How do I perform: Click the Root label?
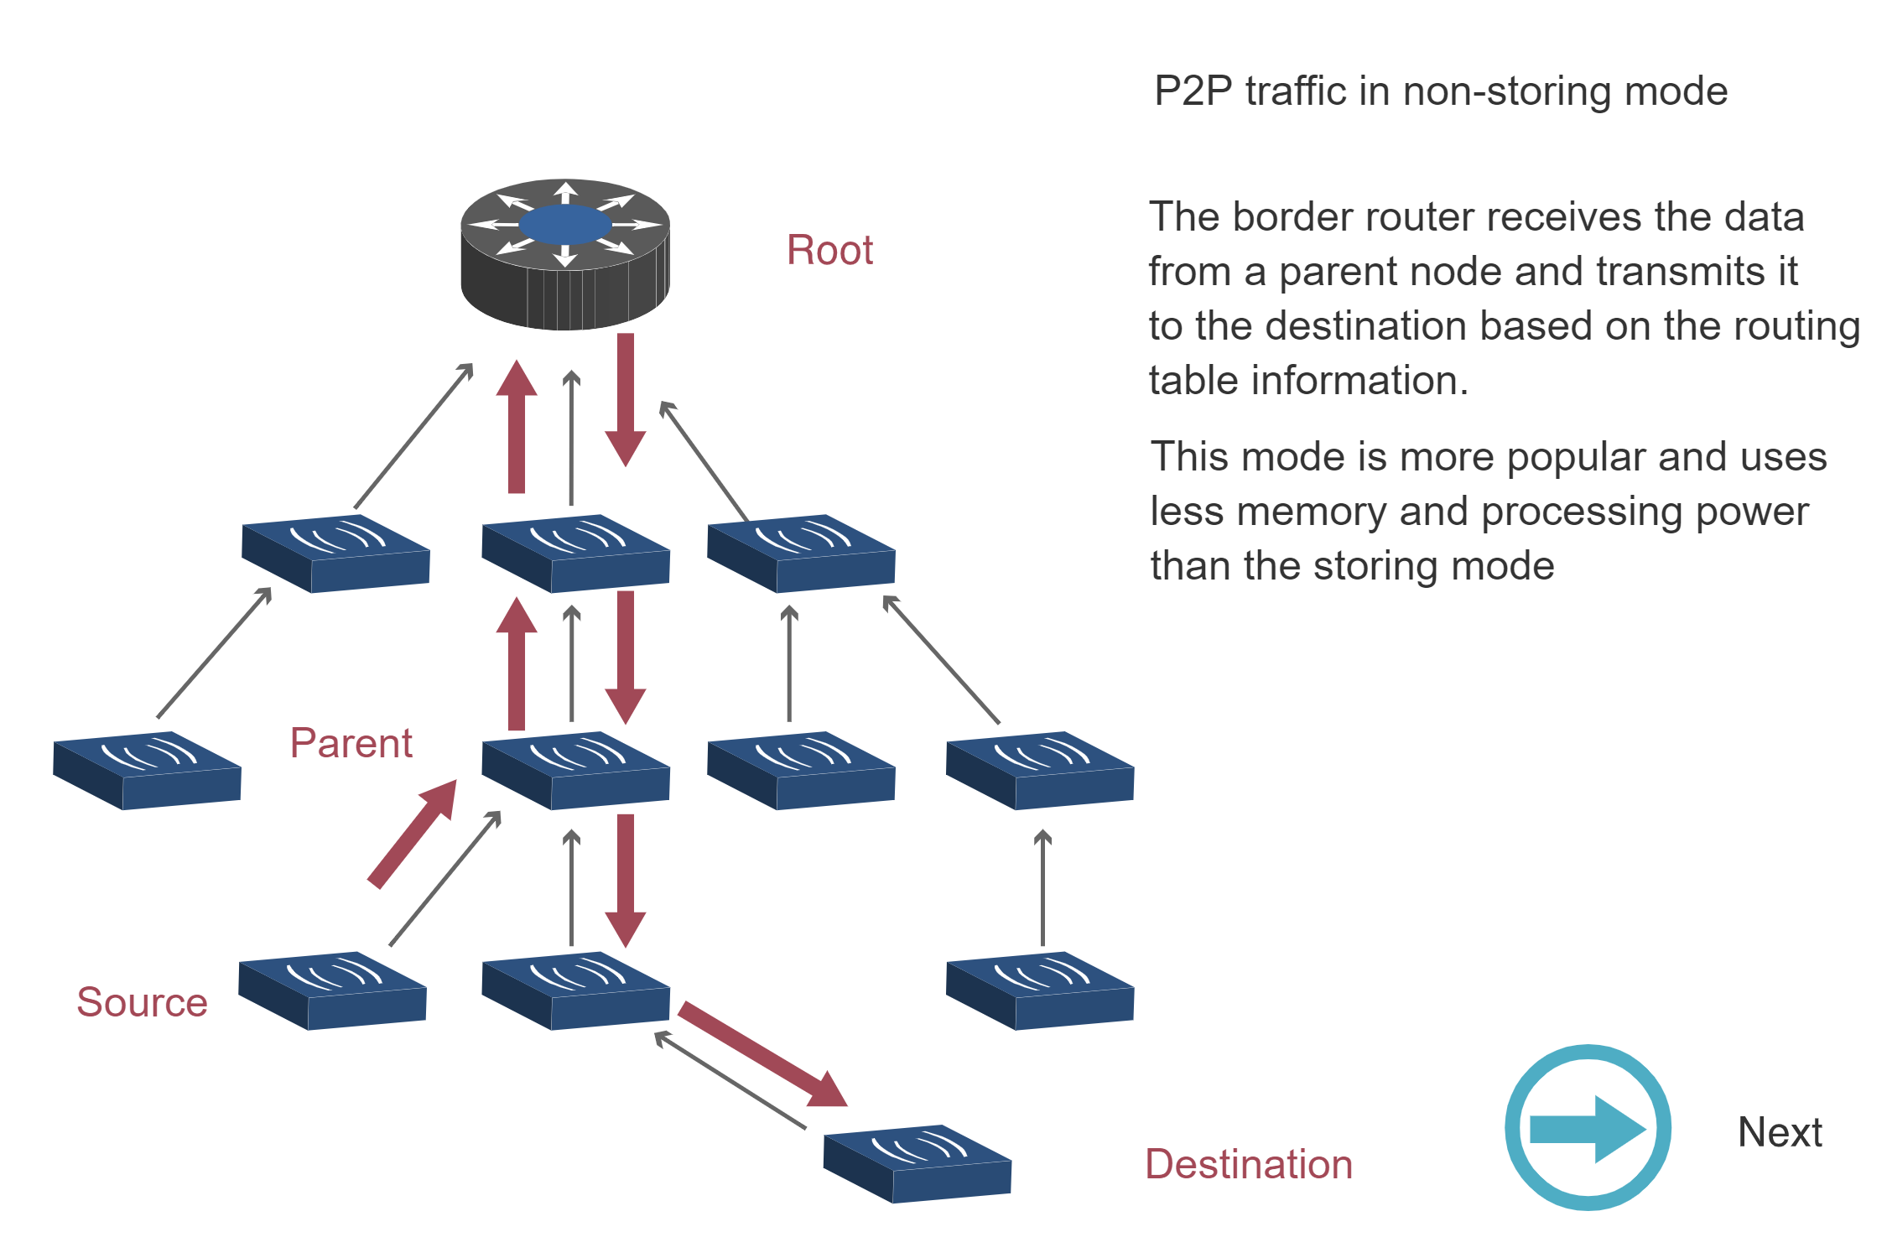[x=829, y=251]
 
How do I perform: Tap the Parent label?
[x=351, y=743]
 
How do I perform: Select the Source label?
[x=142, y=1002]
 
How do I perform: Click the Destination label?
[x=1249, y=1165]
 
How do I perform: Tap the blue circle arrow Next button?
[x=1588, y=1128]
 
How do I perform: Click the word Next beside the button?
[x=1780, y=1133]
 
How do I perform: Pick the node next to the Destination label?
[x=917, y=1164]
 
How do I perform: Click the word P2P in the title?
[x=1193, y=91]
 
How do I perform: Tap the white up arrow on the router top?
[x=565, y=192]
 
